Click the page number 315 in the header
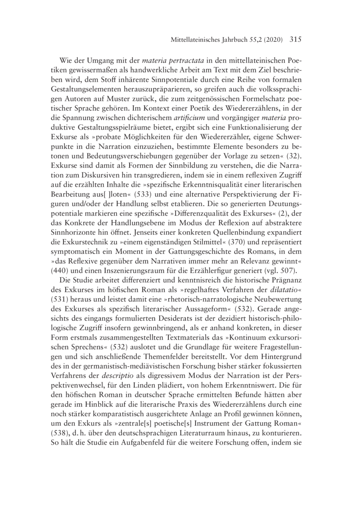coord(293,40)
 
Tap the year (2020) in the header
coord(270,40)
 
